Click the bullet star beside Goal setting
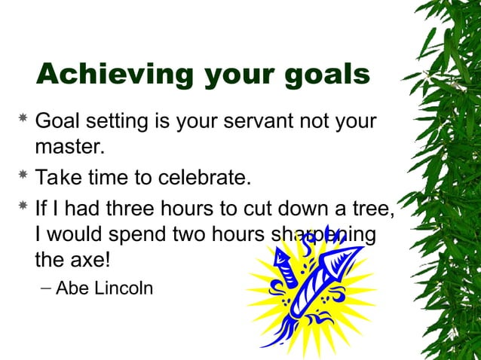coord(23,119)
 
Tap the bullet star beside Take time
coord(23,176)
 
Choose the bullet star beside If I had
coord(23,206)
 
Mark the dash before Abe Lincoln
coord(46,288)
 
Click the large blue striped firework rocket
coord(309,290)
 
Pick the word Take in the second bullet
coord(58,178)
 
